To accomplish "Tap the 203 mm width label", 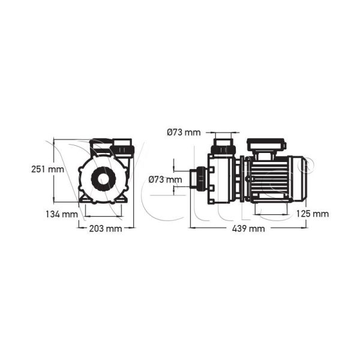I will [x=106, y=229].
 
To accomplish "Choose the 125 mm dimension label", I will [x=312, y=214].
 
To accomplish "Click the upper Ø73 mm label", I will [x=184, y=131].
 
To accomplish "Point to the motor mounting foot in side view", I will [x=274, y=204].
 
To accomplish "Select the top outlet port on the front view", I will [x=124, y=146].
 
